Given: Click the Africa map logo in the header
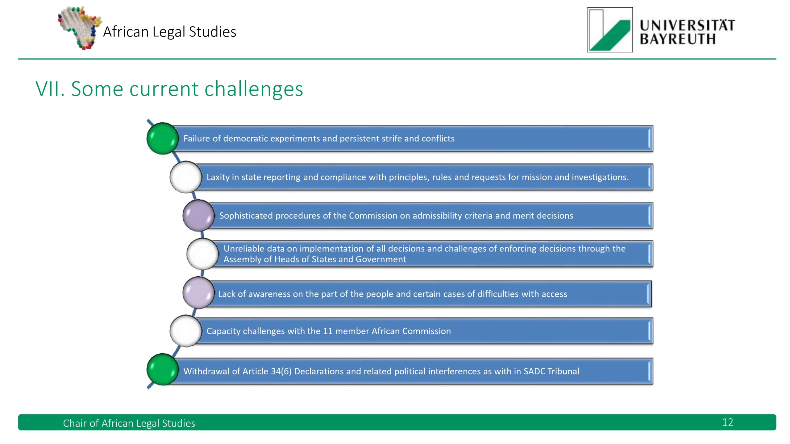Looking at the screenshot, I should pyautogui.click(x=80, y=28).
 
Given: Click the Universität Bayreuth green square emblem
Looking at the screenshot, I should pyautogui.click(x=610, y=30).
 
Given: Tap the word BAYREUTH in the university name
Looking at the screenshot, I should pyautogui.click(x=677, y=39).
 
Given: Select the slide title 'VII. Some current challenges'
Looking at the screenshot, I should pyautogui.click(x=169, y=89).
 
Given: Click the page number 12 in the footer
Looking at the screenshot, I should pyautogui.click(x=727, y=422).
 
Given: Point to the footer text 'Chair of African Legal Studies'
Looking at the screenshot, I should pyautogui.click(x=129, y=423).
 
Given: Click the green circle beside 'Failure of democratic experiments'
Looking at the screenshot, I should pyautogui.click(x=162, y=138).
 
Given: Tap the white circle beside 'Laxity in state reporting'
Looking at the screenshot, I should pyautogui.click(x=186, y=177).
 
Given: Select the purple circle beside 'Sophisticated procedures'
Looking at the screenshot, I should pyautogui.click(x=198, y=216).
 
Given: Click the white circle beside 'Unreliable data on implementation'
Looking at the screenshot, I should pyautogui.click(x=203, y=254).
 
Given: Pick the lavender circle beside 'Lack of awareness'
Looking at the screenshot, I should pyautogui.click(x=198, y=293).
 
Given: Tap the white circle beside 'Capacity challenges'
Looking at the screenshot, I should pyautogui.click(x=186, y=331).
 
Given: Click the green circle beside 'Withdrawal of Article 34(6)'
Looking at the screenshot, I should pyautogui.click(x=162, y=369).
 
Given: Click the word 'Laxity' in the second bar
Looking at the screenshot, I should pyautogui.click(x=218, y=177).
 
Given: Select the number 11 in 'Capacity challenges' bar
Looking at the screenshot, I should pyautogui.click(x=327, y=331).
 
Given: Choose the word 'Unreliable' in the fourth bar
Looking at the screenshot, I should pyautogui.click(x=244, y=249).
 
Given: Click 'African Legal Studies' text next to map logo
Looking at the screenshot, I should pyautogui.click(x=169, y=32).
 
